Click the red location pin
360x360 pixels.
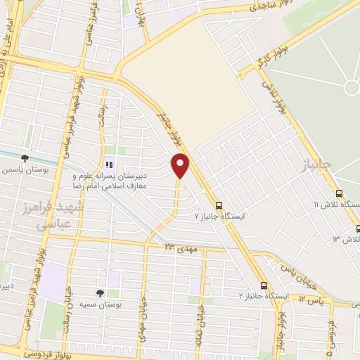181,165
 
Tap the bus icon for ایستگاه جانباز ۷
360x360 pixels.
219,205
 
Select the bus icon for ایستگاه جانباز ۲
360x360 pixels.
264,285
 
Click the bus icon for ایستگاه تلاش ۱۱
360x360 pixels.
339,193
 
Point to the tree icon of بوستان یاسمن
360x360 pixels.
25,158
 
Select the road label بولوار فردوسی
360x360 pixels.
51,352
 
